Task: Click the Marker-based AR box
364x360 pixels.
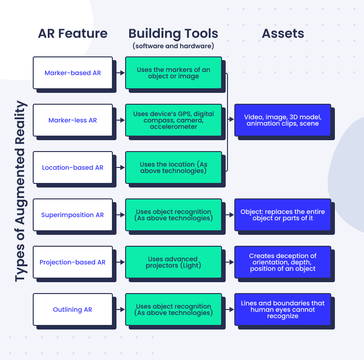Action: pyautogui.click(x=73, y=73)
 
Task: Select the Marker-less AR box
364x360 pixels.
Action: pyautogui.click(x=73, y=120)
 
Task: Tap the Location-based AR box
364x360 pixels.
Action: pyautogui.click(x=73, y=167)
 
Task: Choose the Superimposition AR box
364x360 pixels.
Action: pyautogui.click(x=73, y=215)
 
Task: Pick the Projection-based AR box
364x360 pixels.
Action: pyautogui.click(x=73, y=262)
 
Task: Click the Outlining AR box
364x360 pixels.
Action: pyautogui.click(x=73, y=309)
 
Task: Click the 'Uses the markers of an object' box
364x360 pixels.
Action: pyautogui.click(x=173, y=73)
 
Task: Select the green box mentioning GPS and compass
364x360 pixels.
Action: pyautogui.click(x=173, y=120)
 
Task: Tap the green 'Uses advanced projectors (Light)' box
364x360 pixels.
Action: pyautogui.click(x=173, y=262)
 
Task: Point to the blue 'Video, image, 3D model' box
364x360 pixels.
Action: pyautogui.click(x=283, y=120)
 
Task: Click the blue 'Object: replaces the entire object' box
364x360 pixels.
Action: pyautogui.click(x=283, y=215)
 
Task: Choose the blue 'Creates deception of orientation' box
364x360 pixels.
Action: pyautogui.click(x=283, y=262)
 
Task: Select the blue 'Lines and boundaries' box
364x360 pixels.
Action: pyautogui.click(x=283, y=309)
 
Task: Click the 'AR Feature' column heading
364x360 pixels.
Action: pyautogui.click(x=73, y=34)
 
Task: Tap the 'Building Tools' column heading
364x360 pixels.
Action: pyautogui.click(x=173, y=34)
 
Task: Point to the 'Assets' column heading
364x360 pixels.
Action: pyautogui.click(x=283, y=34)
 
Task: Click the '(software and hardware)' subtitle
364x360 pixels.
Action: pyautogui.click(x=173, y=46)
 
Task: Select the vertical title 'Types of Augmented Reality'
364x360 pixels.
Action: pyautogui.click(x=20, y=191)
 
